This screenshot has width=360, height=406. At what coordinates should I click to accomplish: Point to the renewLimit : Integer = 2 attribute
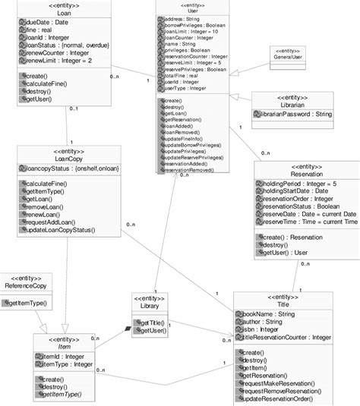click(58, 67)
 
